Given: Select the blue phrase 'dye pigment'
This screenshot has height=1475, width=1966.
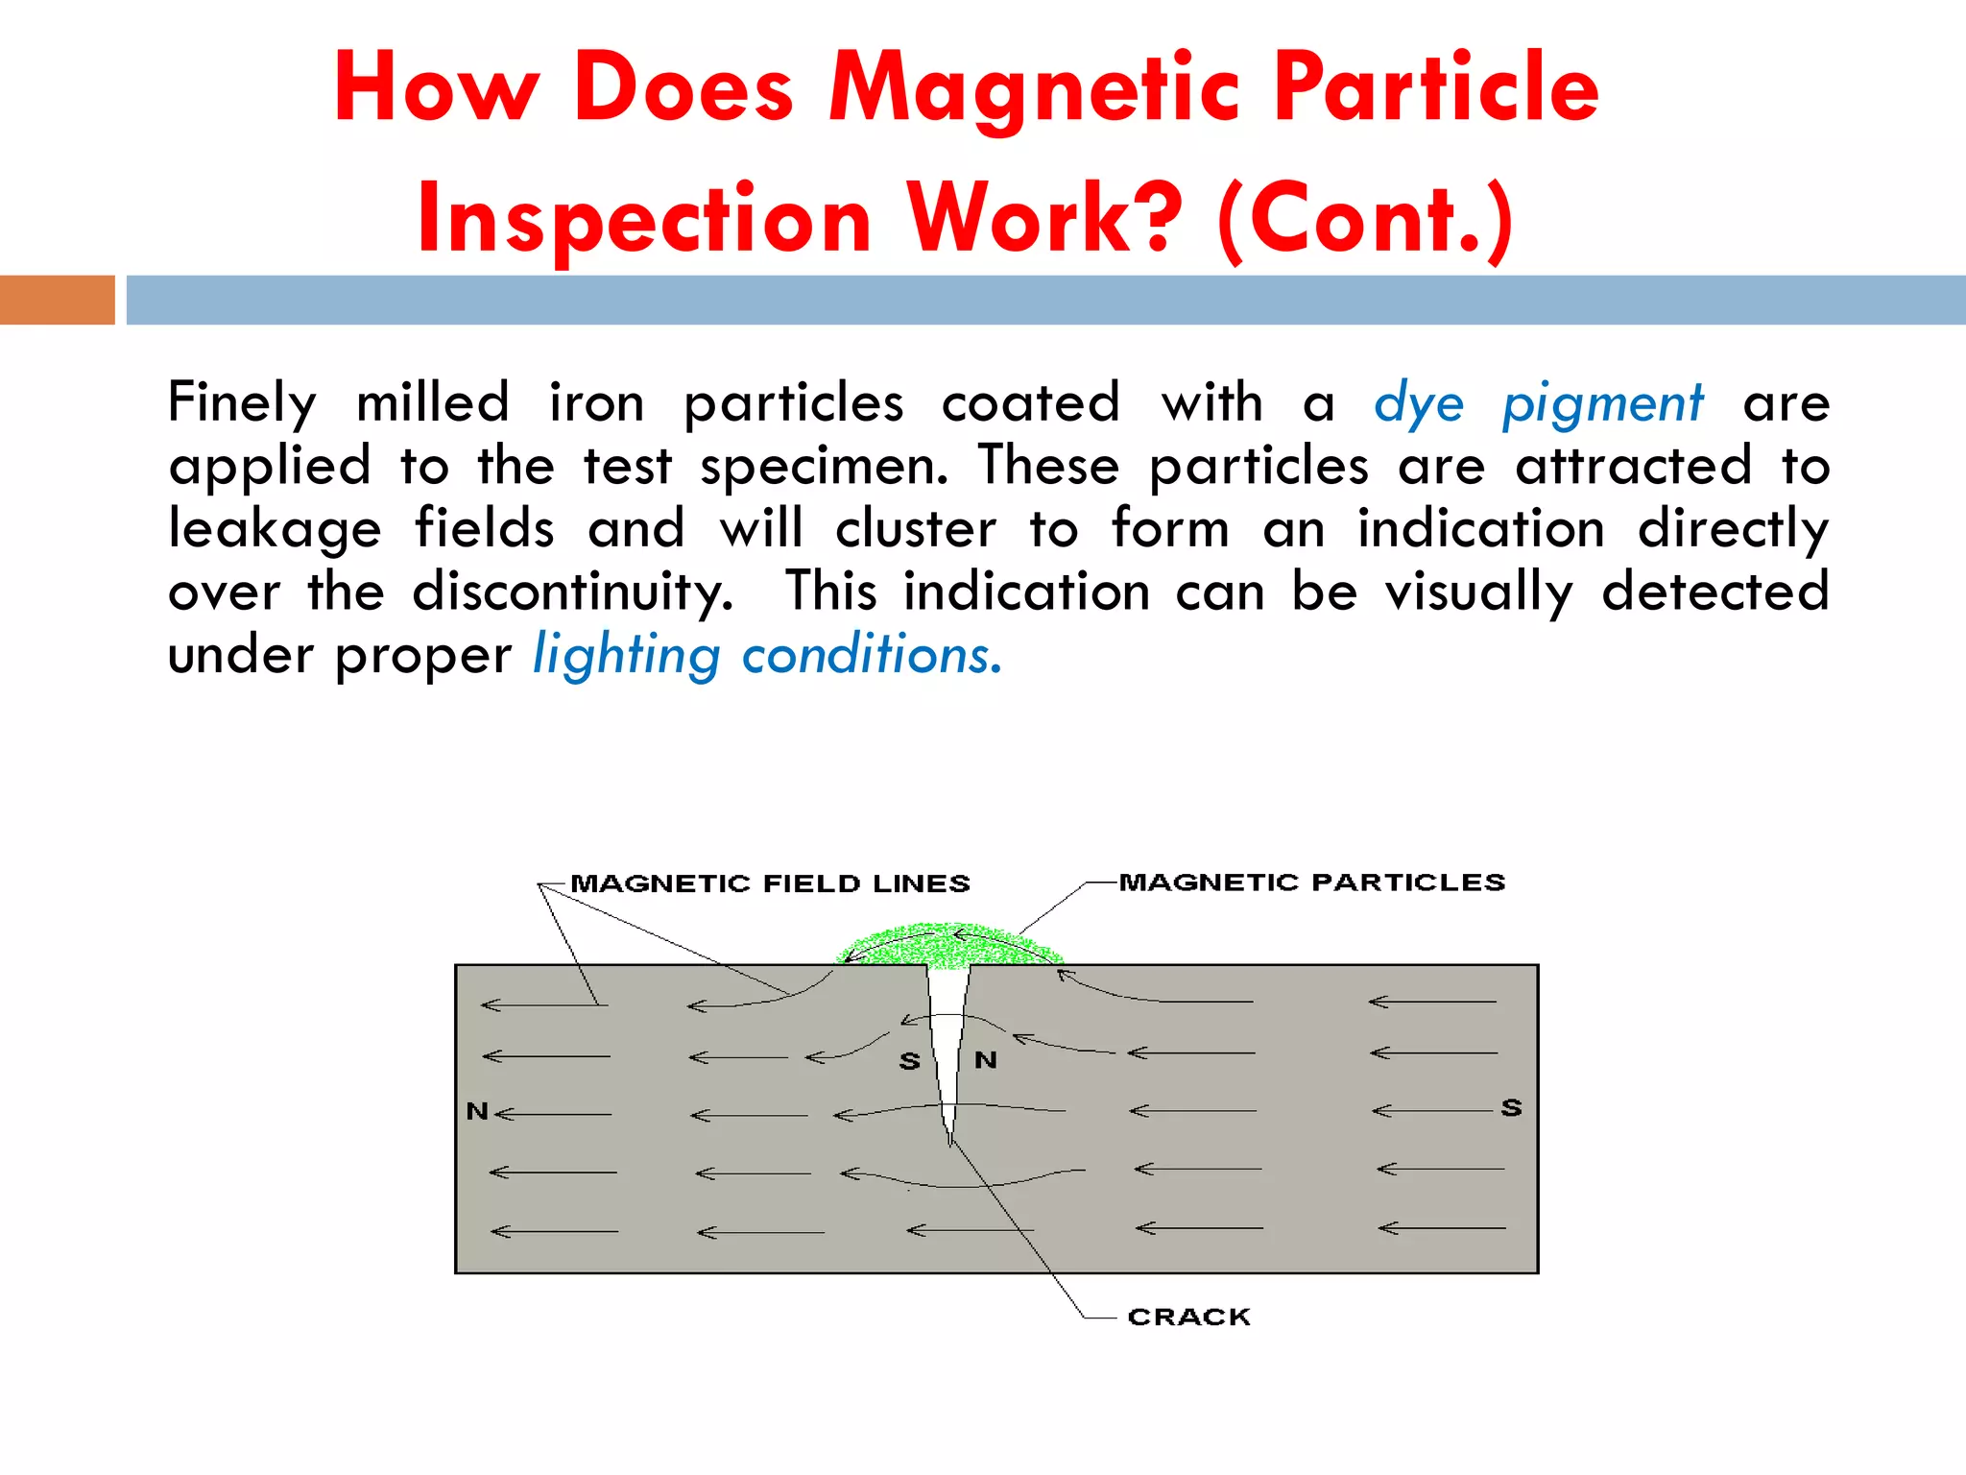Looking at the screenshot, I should (x=1538, y=402).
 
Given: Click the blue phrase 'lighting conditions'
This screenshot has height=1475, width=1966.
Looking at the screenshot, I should (x=767, y=656).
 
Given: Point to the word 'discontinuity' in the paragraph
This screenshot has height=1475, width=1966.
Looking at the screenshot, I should (x=572, y=592).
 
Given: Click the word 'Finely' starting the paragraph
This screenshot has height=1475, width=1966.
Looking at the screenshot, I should (x=242, y=402).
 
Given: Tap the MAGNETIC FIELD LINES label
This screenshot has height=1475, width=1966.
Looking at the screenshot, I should (x=770, y=883).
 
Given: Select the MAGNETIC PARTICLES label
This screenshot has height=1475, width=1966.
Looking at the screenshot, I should (x=1311, y=883).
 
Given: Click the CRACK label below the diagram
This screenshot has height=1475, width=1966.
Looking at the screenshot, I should (x=1188, y=1317).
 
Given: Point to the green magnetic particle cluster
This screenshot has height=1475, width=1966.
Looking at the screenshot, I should (x=948, y=946).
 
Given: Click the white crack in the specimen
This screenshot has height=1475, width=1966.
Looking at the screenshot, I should (x=947, y=1028).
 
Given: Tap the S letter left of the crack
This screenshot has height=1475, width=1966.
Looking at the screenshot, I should (x=909, y=1061).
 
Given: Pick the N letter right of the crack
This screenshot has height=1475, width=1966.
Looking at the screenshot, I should (x=986, y=1060).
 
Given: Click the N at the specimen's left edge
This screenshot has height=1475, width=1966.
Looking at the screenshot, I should (x=477, y=1112).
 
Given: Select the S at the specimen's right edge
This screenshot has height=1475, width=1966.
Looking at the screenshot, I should (x=1512, y=1108).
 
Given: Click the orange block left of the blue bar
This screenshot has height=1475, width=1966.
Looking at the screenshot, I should (x=58, y=300).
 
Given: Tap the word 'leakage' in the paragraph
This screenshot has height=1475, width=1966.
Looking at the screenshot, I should (x=275, y=530).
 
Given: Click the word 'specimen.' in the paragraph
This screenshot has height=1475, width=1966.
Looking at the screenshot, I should (x=824, y=468).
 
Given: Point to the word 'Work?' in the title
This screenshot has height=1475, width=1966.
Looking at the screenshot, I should (x=1044, y=219).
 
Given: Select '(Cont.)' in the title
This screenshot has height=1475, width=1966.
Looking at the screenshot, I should (x=1365, y=219).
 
